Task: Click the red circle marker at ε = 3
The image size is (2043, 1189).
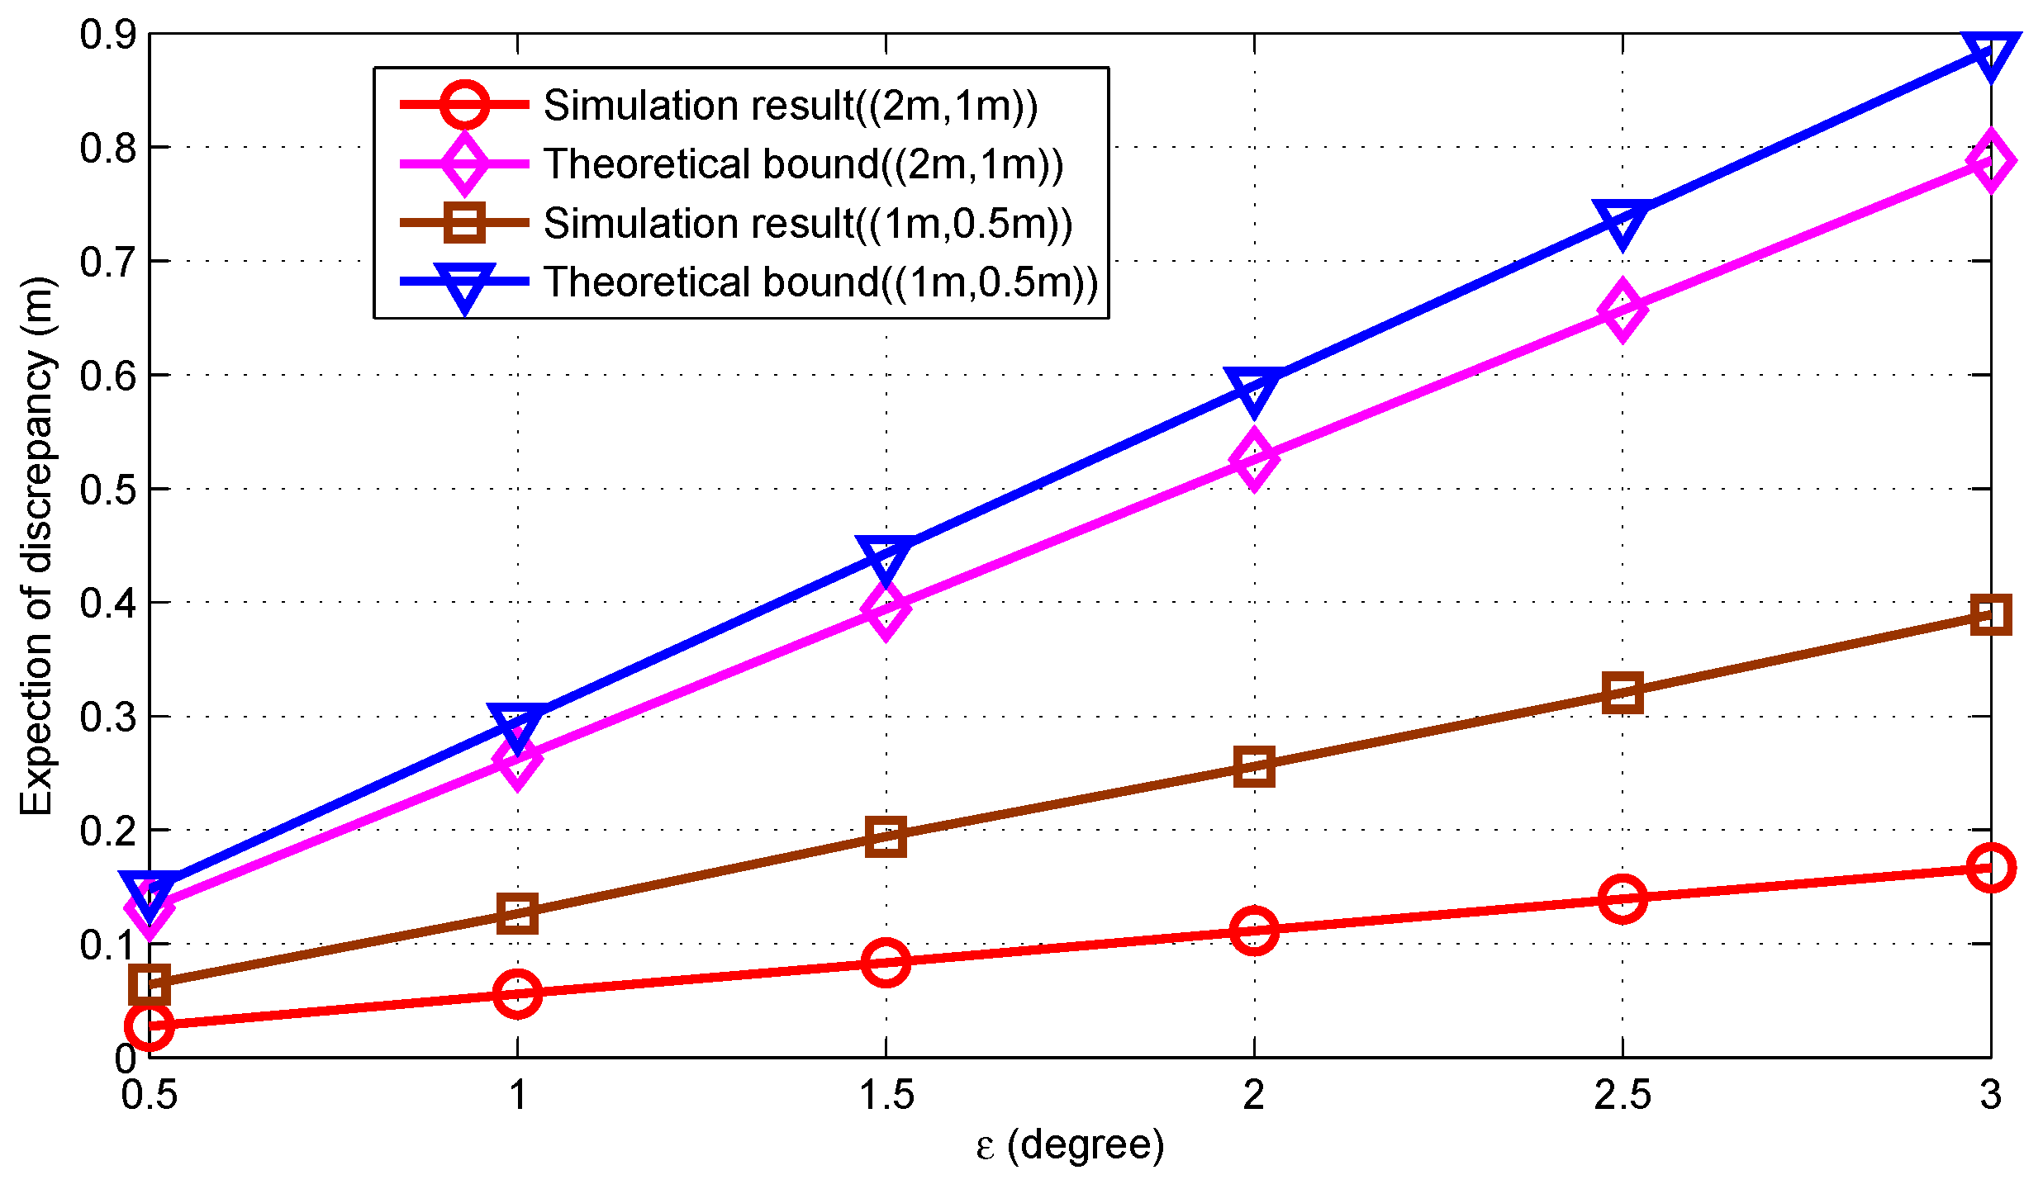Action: pyautogui.click(x=1990, y=868)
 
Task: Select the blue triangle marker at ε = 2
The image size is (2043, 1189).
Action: pyautogui.click(x=1254, y=389)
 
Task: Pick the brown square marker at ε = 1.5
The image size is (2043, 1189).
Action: pyautogui.click(x=886, y=837)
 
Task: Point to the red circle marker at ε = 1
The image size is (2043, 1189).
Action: pyautogui.click(x=517, y=993)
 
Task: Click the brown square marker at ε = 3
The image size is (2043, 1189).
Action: pyautogui.click(x=1990, y=615)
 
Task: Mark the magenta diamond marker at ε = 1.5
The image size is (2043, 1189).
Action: pyautogui.click(x=886, y=609)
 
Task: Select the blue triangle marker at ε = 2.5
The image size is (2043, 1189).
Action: pyautogui.click(x=1622, y=221)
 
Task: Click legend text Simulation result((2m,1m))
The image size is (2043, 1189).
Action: pyautogui.click(x=791, y=106)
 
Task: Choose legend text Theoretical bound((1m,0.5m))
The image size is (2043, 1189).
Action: pyautogui.click(x=821, y=282)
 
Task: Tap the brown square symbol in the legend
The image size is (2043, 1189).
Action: pyautogui.click(x=464, y=223)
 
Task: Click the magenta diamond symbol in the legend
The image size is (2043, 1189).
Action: pyautogui.click(x=464, y=163)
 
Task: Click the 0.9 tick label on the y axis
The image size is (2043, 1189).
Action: pyautogui.click(x=107, y=35)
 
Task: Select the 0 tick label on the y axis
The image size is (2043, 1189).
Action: pyautogui.click(x=126, y=1058)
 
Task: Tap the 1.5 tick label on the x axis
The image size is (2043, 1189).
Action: pyautogui.click(x=886, y=1096)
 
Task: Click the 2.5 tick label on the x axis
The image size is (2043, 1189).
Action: pyautogui.click(x=1622, y=1096)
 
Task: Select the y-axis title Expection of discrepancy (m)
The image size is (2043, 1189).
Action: pyautogui.click(x=36, y=545)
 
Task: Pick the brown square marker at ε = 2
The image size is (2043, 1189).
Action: pyautogui.click(x=1254, y=767)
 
